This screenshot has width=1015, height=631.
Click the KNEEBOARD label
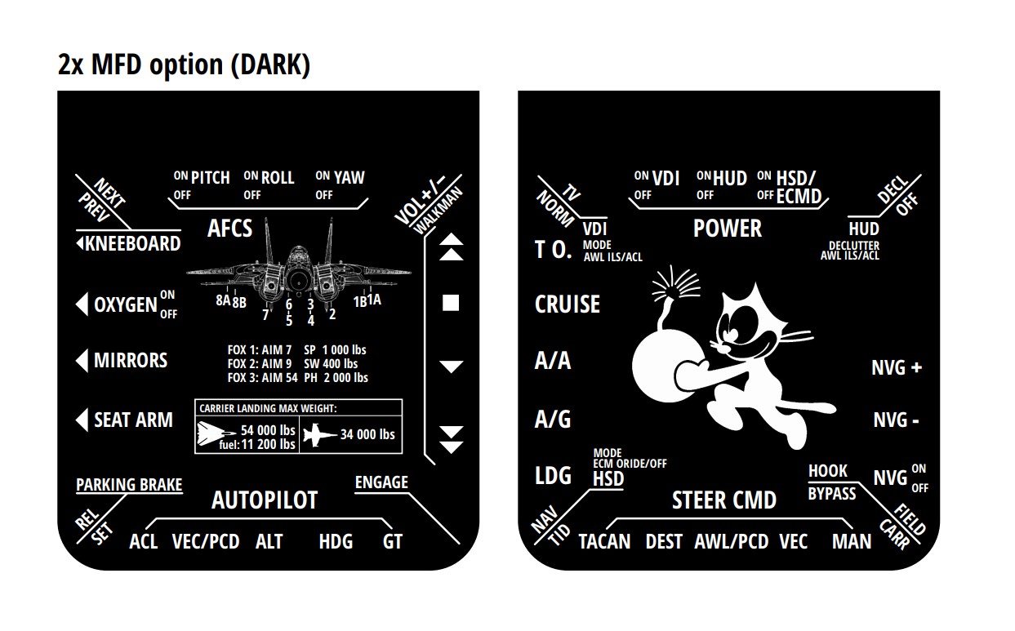click(x=132, y=244)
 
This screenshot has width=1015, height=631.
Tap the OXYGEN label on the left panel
click(x=125, y=304)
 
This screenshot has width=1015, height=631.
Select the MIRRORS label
click(x=130, y=361)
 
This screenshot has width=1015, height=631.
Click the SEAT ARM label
click(x=133, y=420)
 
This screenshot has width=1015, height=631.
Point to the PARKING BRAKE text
click(x=129, y=485)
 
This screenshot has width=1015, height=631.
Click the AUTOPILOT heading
click(x=265, y=500)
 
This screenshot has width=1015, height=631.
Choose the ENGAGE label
click(x=381, y=482)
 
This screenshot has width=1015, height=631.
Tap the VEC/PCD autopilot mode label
click(x=206, y=541)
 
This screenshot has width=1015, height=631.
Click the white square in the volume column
click(x=451, y=304)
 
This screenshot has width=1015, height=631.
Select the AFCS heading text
click(x=230, y=228)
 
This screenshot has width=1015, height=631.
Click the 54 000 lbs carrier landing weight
click(x=268, y=430)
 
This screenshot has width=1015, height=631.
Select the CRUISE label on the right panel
click(x=568, y=304)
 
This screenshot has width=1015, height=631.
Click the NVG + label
click(x=897, y=368)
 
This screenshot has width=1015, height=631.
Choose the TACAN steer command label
click(x=604, y=541)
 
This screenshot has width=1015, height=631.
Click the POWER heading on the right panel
click(x=728, y=229)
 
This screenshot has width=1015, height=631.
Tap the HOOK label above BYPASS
click(x=828, y=471)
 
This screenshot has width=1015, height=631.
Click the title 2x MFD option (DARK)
click(x=185, y=64)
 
